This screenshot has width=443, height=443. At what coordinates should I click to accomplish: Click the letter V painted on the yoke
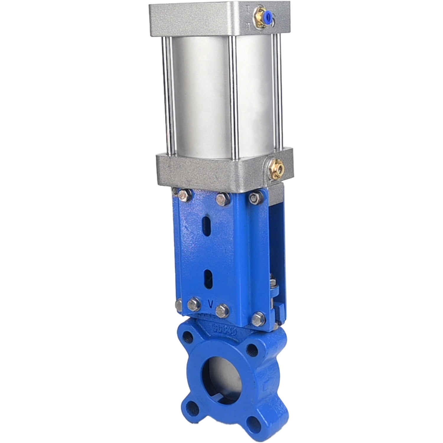pos(211,303)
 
